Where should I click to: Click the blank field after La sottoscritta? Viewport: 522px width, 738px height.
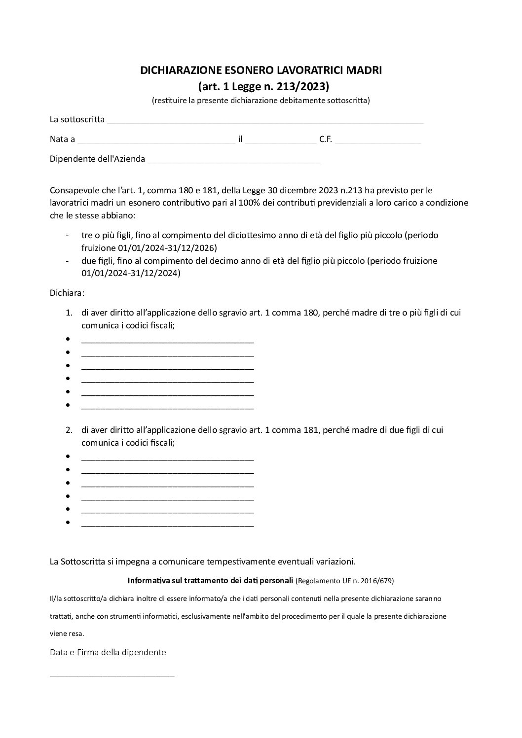265,120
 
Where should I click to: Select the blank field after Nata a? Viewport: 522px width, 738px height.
156,140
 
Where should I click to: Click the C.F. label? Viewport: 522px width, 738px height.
325,140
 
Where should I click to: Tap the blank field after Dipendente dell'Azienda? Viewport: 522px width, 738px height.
234,159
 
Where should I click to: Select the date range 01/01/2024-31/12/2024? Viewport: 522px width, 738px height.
131,273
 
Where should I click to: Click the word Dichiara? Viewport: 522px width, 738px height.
67,293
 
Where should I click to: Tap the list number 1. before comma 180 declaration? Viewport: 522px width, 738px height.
69,313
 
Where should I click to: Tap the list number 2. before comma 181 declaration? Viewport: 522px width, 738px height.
69,430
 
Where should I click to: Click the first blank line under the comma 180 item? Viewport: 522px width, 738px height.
167,340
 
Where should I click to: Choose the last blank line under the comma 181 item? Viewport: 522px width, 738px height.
167,524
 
